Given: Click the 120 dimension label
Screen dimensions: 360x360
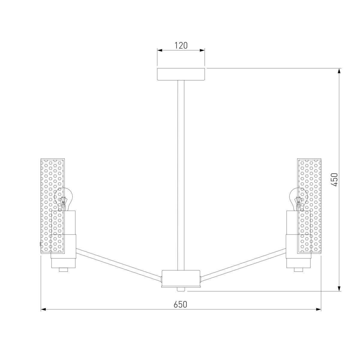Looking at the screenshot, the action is point(181,45).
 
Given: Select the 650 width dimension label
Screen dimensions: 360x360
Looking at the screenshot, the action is point(180,310).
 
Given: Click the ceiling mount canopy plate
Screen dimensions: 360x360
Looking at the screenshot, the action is point(181,74).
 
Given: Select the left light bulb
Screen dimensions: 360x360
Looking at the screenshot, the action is point(63,199).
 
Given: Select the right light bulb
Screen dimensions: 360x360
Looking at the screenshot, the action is point(298,199).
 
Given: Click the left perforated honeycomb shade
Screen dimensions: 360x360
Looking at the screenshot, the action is point(53,206).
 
